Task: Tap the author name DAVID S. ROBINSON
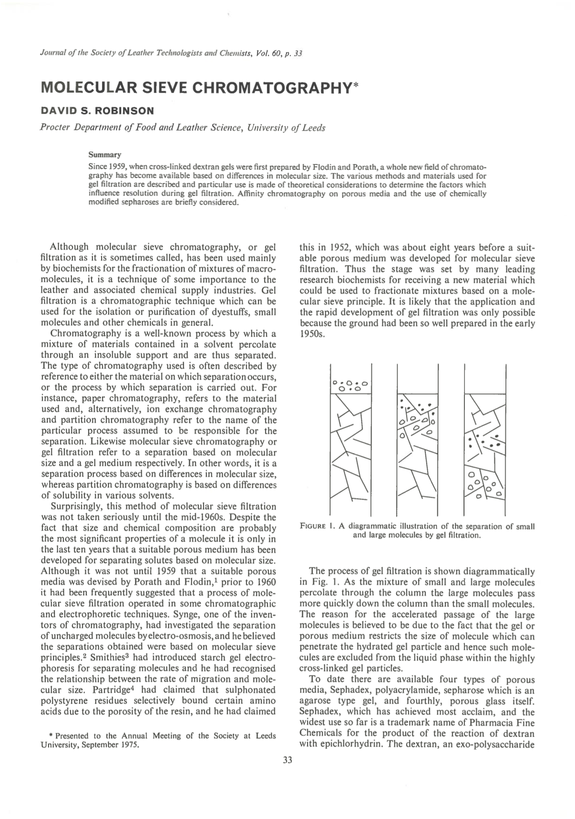pyautogui.click(x=97, y=111)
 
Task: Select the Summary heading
pyautogui.click(x=105, y=154)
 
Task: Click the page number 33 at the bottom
pyautogui.click(x=287, y=760)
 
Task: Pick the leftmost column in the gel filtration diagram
pyautogui.click(x=350, y=439)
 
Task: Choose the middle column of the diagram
pyautogui.click(x=417, y=439)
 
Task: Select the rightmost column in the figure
pyautogui.click(x=484, y=439)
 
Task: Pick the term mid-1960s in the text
pyautogui.click(x=244, y=517)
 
